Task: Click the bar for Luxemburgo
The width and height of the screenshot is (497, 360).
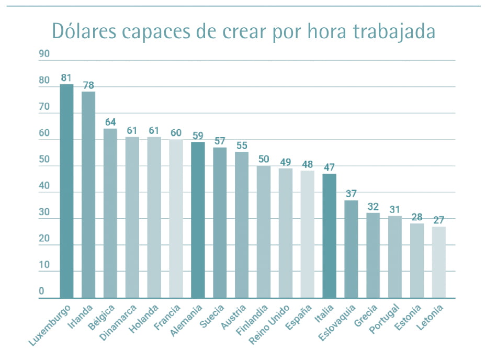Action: (66, 191)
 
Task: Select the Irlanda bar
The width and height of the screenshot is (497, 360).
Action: (88, 195)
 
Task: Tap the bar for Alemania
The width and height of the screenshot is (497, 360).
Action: (198, 220)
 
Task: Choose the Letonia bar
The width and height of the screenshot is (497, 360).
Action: (439, 262)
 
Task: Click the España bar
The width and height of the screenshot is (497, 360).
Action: (307, 234)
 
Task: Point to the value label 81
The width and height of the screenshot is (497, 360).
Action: (66, 78)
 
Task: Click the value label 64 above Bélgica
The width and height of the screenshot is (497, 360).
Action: (110, 122)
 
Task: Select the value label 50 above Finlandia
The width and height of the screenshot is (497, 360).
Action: (263, 160)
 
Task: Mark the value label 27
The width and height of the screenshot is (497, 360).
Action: (439, 220)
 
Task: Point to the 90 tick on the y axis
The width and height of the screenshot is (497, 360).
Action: (44, 54)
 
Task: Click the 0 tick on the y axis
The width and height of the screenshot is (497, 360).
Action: (41, 291)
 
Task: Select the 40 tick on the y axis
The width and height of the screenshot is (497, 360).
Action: (44, 186)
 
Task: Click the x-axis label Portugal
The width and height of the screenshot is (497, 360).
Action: (385, 318)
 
